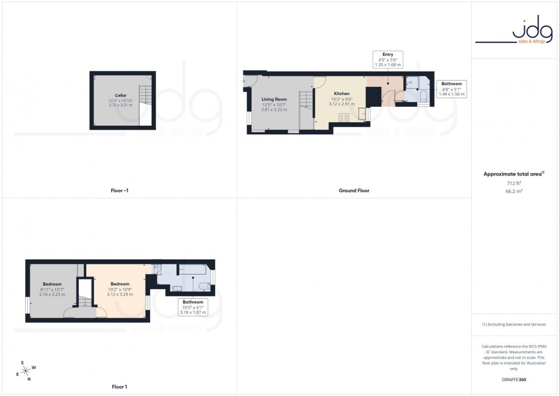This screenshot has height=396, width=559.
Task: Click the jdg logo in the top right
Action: pyautogui.click(x=515, y=32)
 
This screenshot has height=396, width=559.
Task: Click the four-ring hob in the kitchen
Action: pyautogui.click(x=344, y=118)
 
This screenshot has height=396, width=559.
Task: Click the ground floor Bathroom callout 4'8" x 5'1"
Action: pyautogui.click(x=452, y=89)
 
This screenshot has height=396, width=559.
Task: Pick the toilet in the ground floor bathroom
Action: pyautogui.click(x=423, y=97)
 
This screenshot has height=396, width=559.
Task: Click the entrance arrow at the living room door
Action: pyautogui.click(x=243, y=82)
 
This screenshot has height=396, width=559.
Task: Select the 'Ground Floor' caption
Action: pyautogui.click(x=354, y=191)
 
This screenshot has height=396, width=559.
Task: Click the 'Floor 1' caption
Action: pyautogui.click(x=119, y=387)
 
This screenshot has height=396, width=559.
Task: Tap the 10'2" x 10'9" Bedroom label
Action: pyautogui.click(x=120, y=289)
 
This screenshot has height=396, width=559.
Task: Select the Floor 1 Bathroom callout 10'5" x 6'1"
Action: pyautogui.click(x=193, y=307)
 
